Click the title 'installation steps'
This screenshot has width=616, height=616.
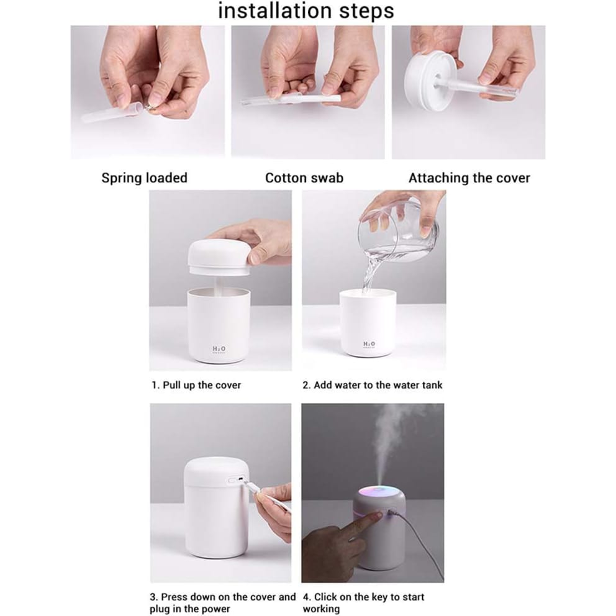pos(306,11)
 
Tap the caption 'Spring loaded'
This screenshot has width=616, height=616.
pos(144,178)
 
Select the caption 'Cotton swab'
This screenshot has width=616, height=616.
pos(304,178)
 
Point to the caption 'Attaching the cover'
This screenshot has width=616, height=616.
pos(469,178)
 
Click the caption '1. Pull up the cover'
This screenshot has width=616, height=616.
pos(196,385)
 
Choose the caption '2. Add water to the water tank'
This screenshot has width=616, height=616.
pos(372,385)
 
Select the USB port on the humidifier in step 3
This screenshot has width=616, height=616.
pos(236,480)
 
